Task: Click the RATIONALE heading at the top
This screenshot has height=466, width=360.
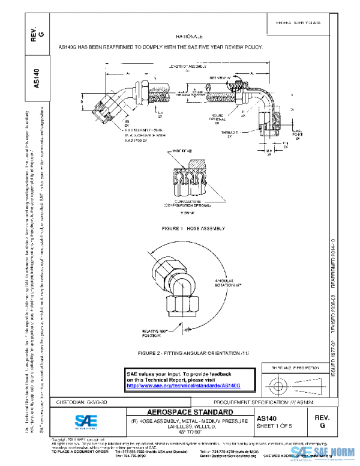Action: pyautogui.click(x=185, y=37)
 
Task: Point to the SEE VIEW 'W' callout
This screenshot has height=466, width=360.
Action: pyautogui.click(x=220, y=77)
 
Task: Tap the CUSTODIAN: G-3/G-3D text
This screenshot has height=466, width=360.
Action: pyautogui.click(x=82, y=401)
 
